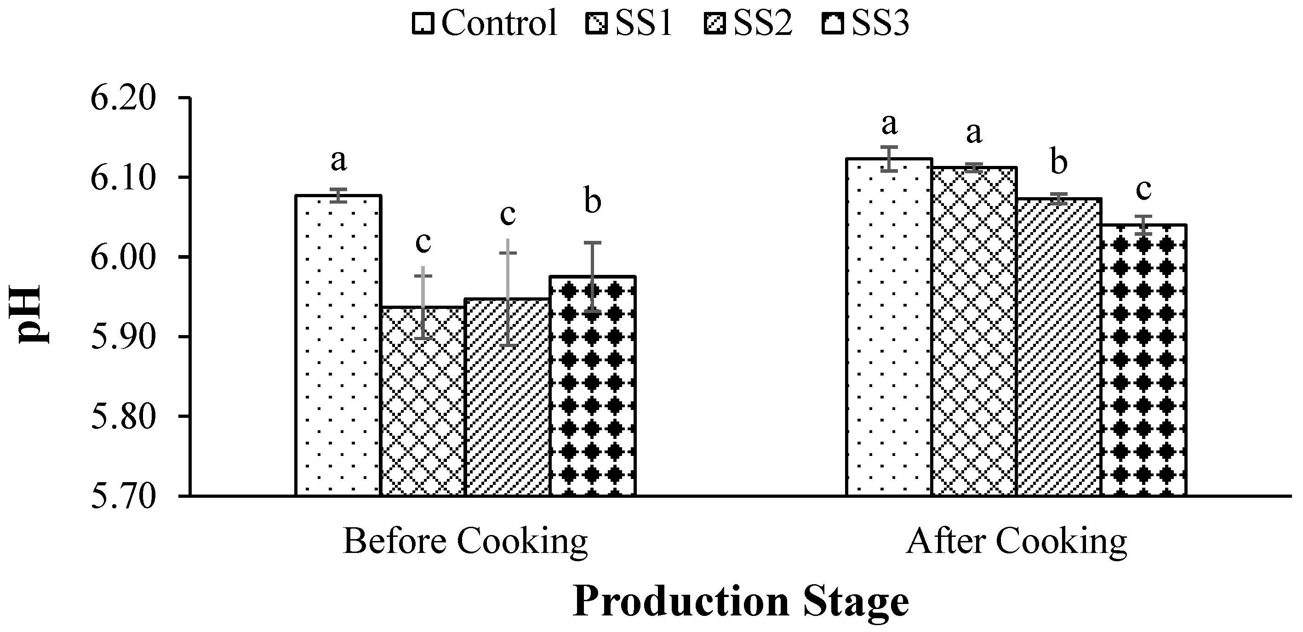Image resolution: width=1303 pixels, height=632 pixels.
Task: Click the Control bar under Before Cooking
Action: click(x=338, y=349)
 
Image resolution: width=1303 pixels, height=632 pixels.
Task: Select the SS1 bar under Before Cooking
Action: click(x=423, y=404)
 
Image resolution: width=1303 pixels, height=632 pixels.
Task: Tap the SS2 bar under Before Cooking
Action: click(x=507, y=399)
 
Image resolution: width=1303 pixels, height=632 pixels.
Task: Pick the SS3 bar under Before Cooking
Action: click(x=593, y=389)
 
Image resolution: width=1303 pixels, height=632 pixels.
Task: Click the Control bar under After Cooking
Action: click(x=889, y=329)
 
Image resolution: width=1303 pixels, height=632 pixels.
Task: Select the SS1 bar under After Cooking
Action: click(x=974, y=334)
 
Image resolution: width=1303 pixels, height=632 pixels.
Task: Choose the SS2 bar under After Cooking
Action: click(x=1059, y=349)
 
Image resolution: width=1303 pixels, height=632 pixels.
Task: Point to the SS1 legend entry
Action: click(x=630, y=23)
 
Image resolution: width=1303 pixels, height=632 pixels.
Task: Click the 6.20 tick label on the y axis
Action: click(x=122, y=98)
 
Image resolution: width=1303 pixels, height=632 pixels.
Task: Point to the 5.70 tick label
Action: click(x=122, y=496)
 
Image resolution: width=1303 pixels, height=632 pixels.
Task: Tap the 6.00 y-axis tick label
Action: click(x=122, y=257)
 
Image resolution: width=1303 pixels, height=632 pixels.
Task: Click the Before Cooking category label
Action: click(x=465, y=542)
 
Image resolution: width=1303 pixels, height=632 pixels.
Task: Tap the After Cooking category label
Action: click(x=1017, y=542)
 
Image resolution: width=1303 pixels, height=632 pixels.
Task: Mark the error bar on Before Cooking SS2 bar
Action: click(x=508, y=293)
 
